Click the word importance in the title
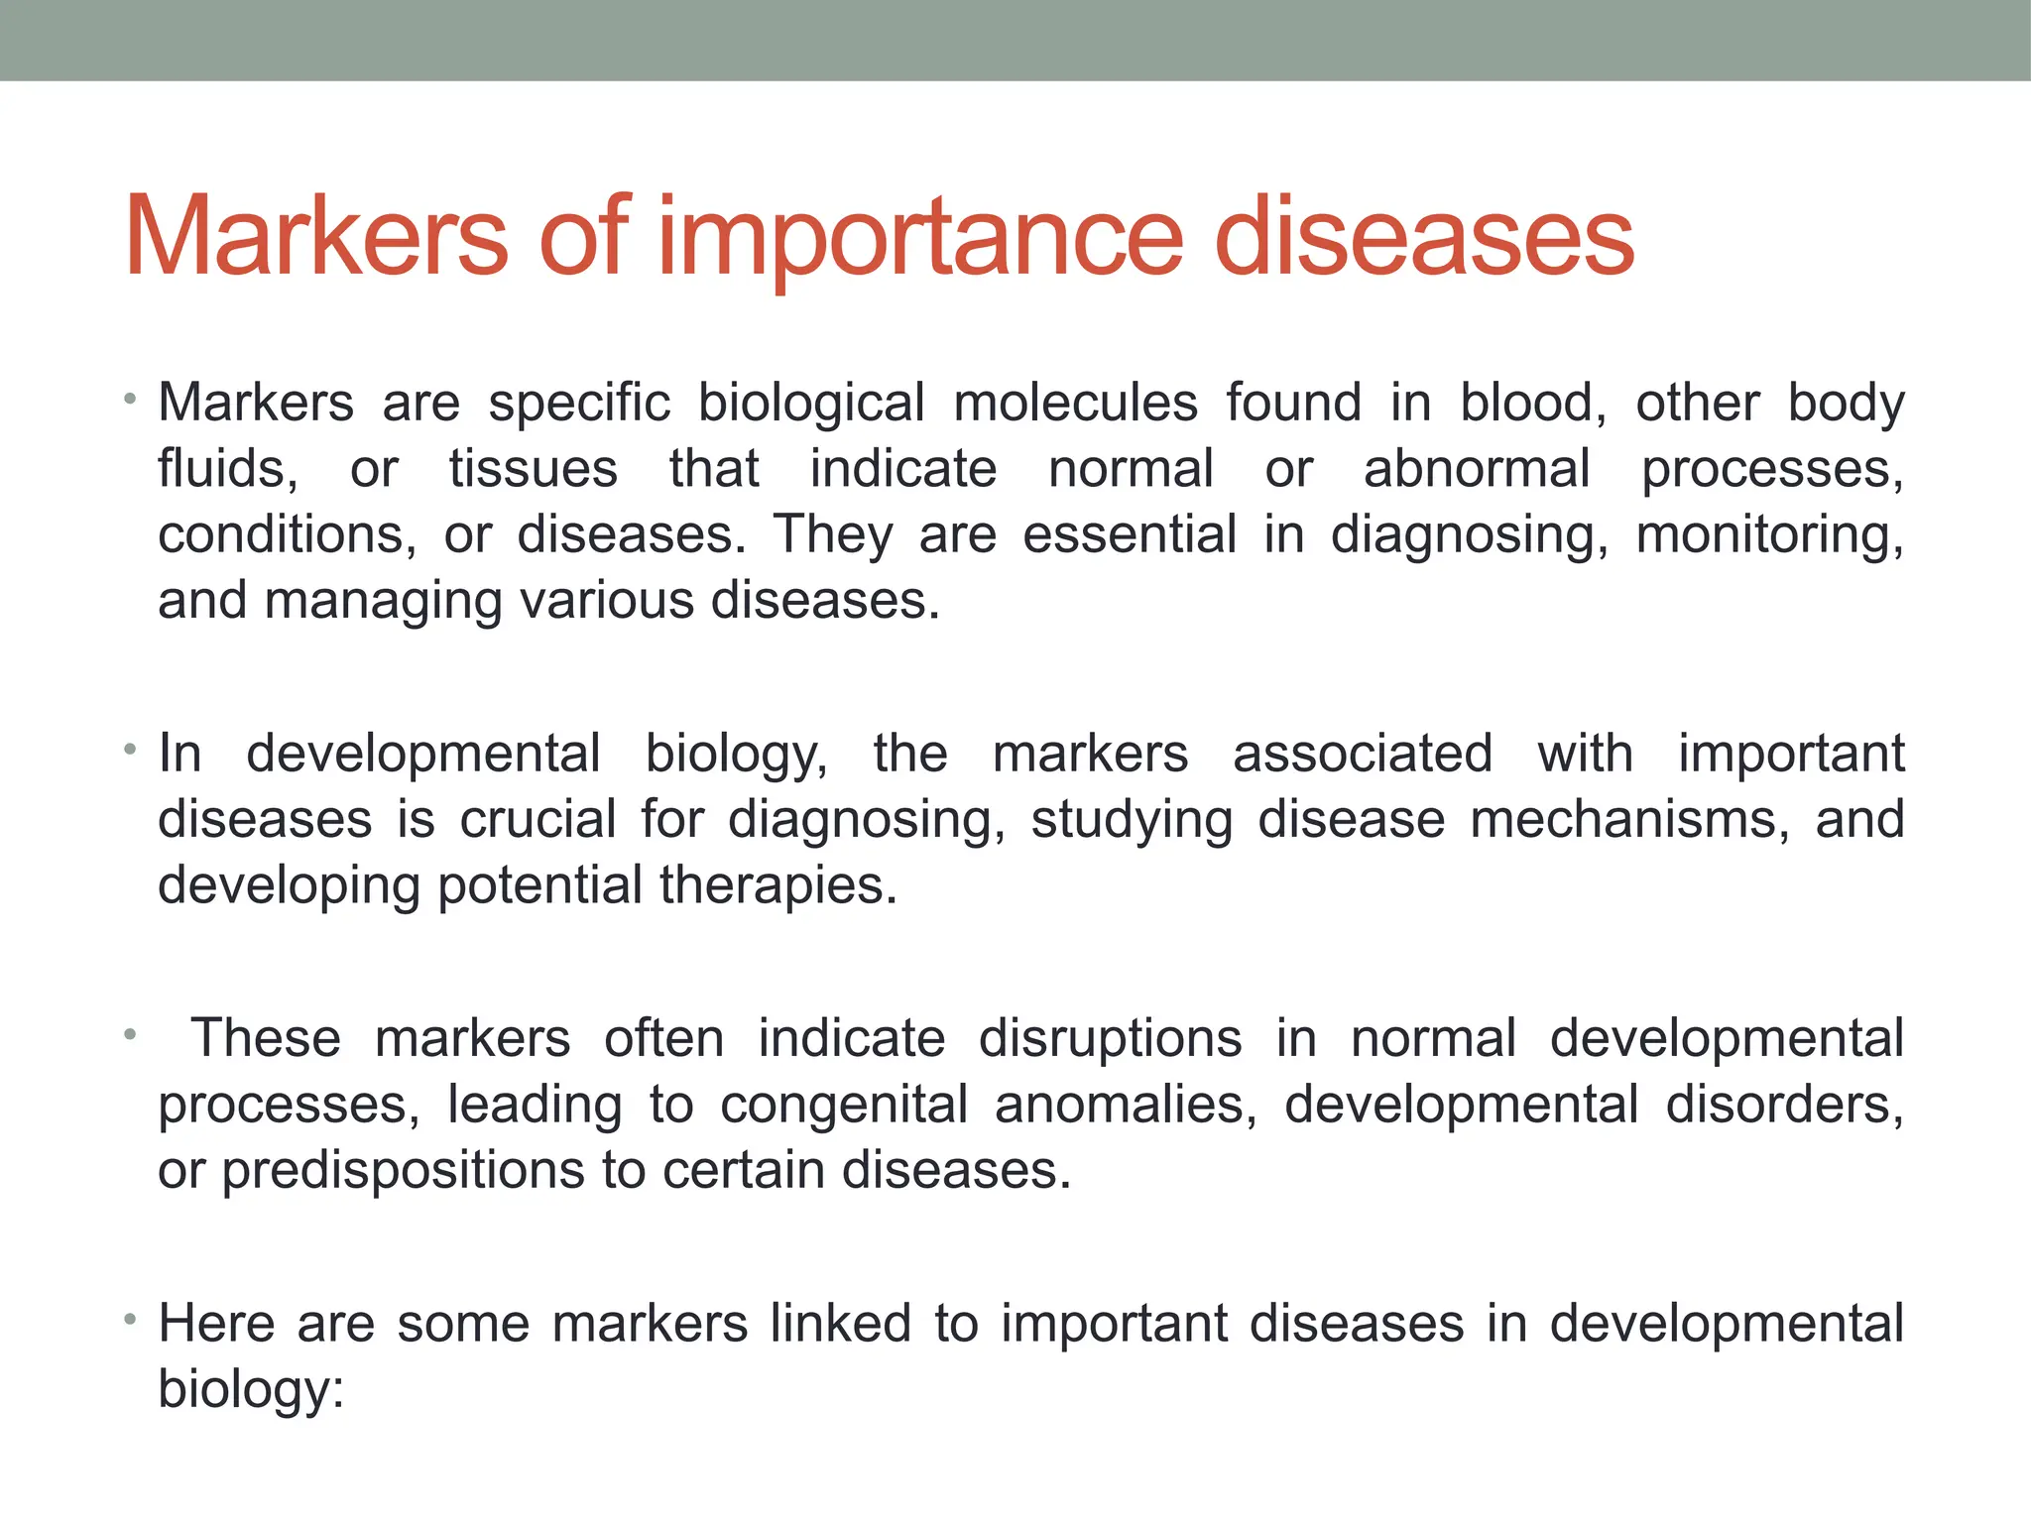point(919,239)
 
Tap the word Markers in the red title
point(316,237)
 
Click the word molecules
point(1075,404)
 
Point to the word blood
point(1532,404)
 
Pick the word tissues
point(533,469)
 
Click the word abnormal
point(1477,469)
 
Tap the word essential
point(1130,534)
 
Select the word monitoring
point(1769,535)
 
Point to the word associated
point(1363,754)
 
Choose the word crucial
point(538,820)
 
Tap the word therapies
point(777,885)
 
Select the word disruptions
point(1110,1039)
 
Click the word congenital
point(844,1106)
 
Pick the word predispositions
point(403,1171)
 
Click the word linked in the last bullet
point(840,1324)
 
